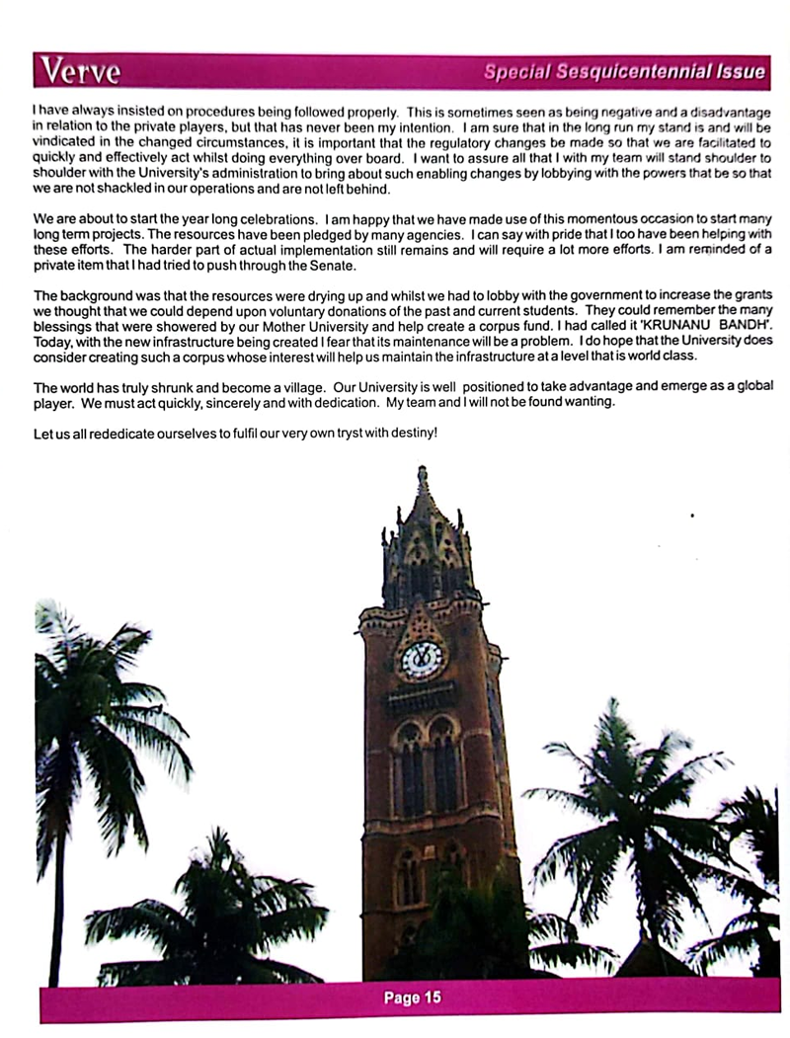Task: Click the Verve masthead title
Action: pyautogui.click(x=79, y=72)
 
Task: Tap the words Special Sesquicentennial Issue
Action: pyautogui.click(x=624, y=72)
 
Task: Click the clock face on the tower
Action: pyautogui.click(x=422, y=659)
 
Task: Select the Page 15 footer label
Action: pyautogui.click(x=412, y=998)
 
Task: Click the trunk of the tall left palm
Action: pyautogui.click(x=55, y=889)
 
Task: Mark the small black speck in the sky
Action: pyautogui.click(x=691, y=516)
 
